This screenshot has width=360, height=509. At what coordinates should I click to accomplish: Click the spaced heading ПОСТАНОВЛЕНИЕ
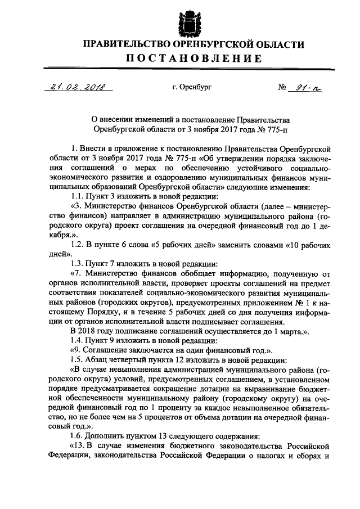193,58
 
